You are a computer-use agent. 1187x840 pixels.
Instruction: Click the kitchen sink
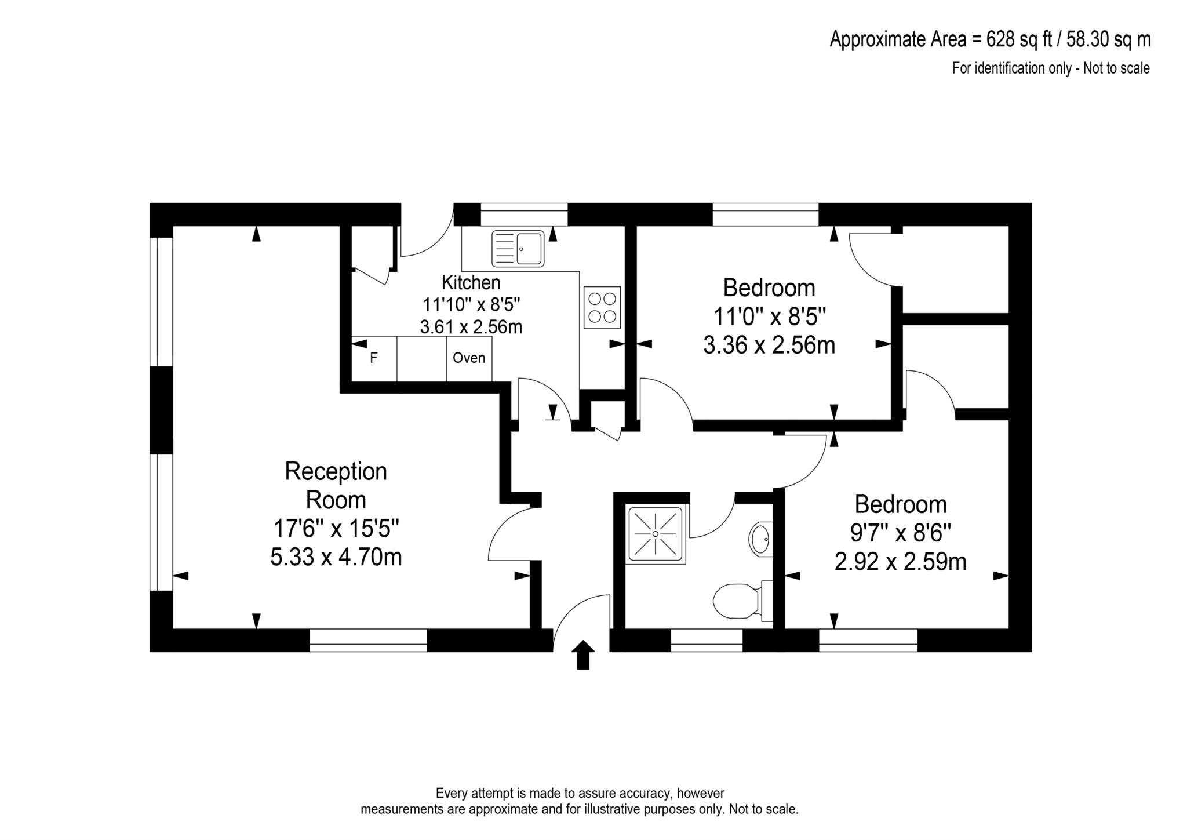click(518, 249)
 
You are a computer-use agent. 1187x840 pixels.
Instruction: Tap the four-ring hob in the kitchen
click(602, 307)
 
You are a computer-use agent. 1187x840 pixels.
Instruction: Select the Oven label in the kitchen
click(469, 358)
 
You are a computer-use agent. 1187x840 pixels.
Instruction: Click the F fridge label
click(374, 358)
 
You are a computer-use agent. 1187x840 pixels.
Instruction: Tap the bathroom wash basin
click(761, 539)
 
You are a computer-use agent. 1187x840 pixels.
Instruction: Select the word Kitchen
click(471, 282)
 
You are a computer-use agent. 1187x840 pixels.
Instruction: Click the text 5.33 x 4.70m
click(336, 557)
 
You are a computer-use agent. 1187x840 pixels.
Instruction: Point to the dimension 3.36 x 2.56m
click(769, 345)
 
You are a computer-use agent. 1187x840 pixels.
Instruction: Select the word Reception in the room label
click(336, 471)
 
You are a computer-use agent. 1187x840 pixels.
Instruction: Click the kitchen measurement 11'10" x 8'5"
click(471, 304)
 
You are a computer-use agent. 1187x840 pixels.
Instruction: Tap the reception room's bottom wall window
click(368, 641)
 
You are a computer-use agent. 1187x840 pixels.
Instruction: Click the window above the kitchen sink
click(524, 214)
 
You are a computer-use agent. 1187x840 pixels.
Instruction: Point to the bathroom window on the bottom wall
click(707, 641)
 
